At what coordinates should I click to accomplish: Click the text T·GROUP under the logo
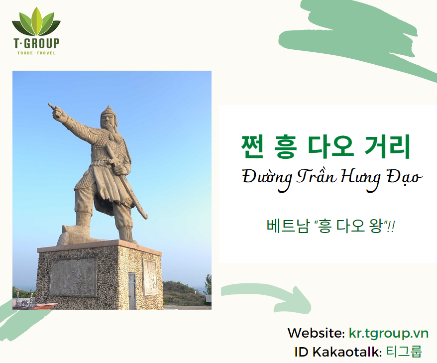[x=36, y=43]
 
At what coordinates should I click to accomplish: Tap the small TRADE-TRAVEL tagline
[x=36, y=53]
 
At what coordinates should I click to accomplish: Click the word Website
[x=315, y=333]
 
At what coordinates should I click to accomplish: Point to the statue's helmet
[x=107, y=112]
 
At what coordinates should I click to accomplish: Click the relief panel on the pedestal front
[x=73, y=276]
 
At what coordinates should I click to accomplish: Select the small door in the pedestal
[x=132, y=291]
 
